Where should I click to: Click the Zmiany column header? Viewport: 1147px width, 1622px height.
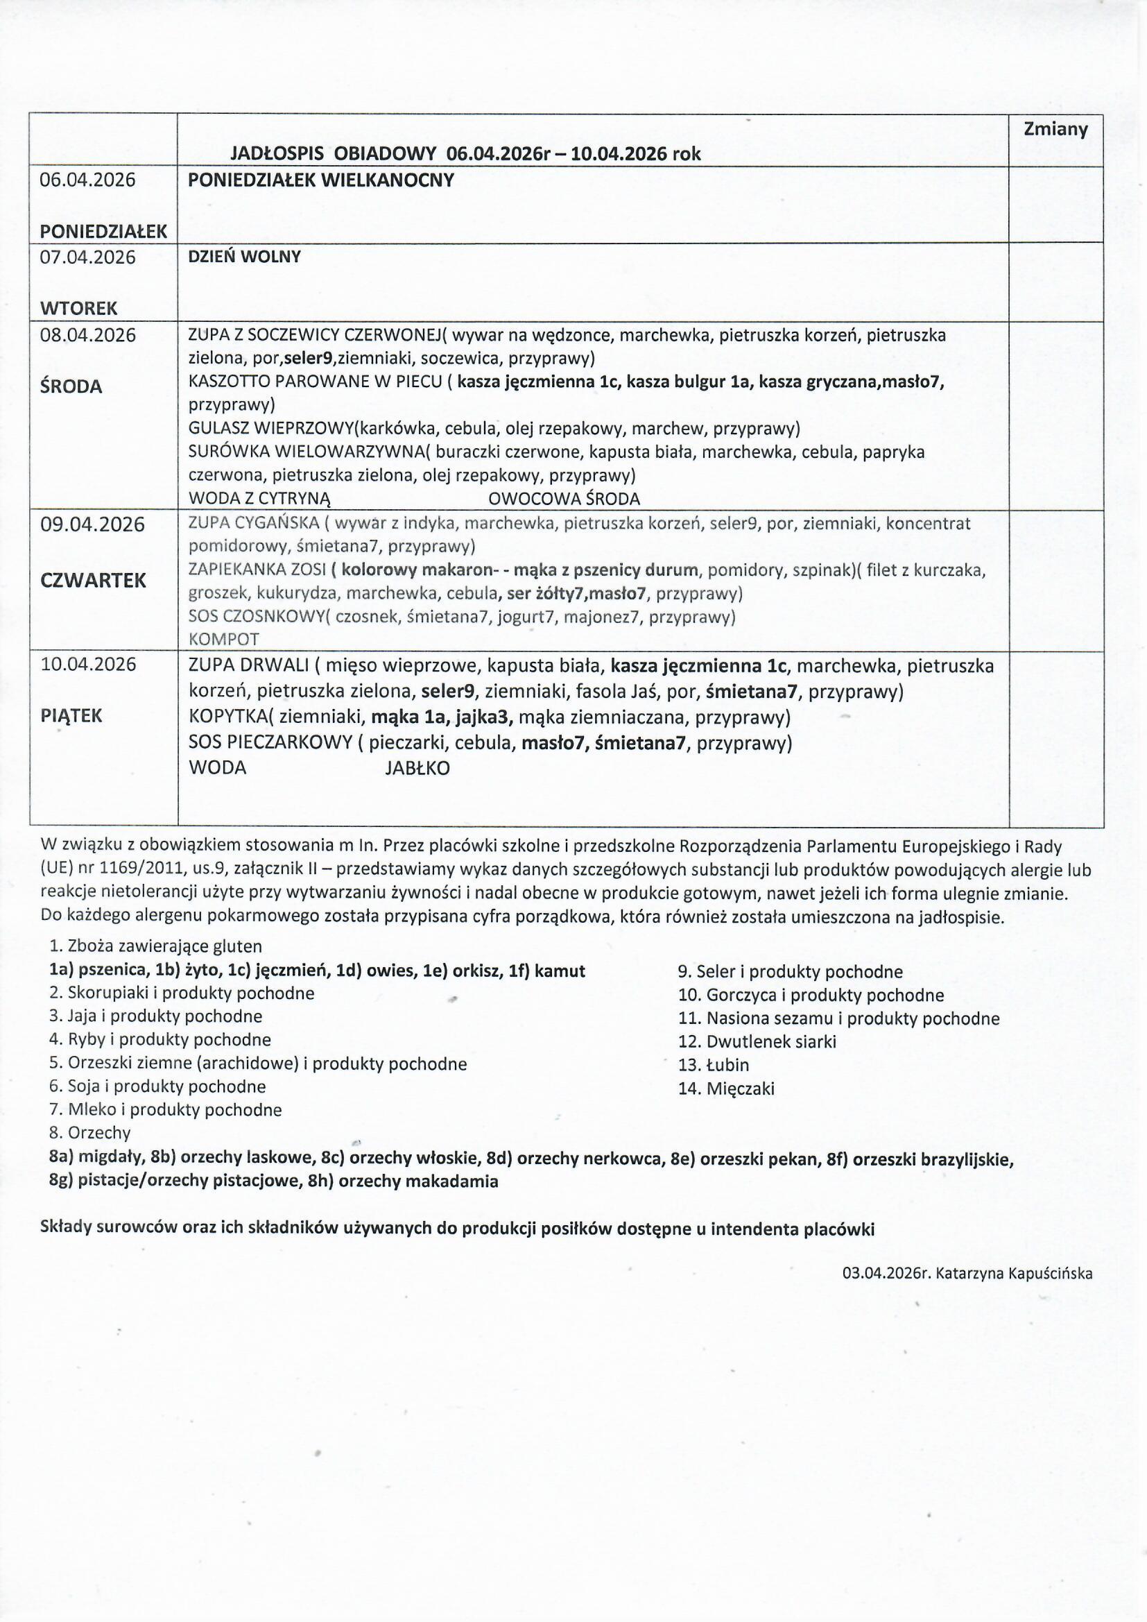coord(1055,129)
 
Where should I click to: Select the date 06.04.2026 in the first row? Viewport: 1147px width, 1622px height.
coord(87,180)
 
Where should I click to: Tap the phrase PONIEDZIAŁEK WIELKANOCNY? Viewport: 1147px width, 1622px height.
coord(320,180)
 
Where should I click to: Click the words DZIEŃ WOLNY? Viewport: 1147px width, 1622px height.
coord(244,257)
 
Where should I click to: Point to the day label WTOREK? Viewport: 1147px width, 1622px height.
coord(78,309)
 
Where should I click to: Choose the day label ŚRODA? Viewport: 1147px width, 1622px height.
coord(71,386)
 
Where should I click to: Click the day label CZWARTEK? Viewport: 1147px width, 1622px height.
coord(93,581)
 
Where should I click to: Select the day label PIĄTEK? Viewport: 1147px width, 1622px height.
coord(71,716)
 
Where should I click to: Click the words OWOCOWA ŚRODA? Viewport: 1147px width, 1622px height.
coord(564,499)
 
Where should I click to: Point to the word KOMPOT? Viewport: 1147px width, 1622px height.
coord(224,640)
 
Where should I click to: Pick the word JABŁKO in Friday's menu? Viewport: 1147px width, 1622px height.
coord(417,769)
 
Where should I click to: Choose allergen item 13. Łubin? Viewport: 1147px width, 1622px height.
coord(714,1065)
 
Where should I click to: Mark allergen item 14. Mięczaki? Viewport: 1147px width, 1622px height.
coord(726,1089)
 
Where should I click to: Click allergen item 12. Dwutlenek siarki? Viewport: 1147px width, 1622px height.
coord(757,1041)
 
